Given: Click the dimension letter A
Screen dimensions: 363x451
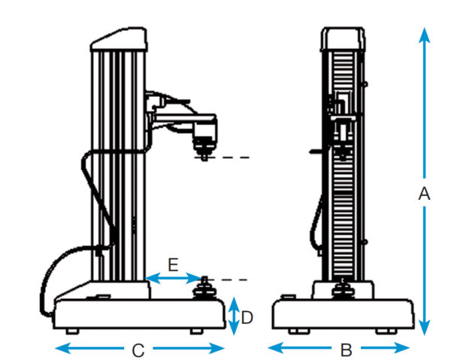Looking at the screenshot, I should (x=423, y=194).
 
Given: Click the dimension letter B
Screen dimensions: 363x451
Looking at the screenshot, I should (x=346, y=349).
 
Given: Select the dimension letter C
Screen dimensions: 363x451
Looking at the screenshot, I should (x=138, y=349).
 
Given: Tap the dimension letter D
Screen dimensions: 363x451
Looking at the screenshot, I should (x=247, y=318).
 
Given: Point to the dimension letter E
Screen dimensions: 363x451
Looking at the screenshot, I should (x=172, y=265).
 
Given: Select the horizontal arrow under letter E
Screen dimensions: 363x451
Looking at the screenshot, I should (x=172, y=279).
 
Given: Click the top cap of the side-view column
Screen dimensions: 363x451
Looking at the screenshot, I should (x=118, y=39).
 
